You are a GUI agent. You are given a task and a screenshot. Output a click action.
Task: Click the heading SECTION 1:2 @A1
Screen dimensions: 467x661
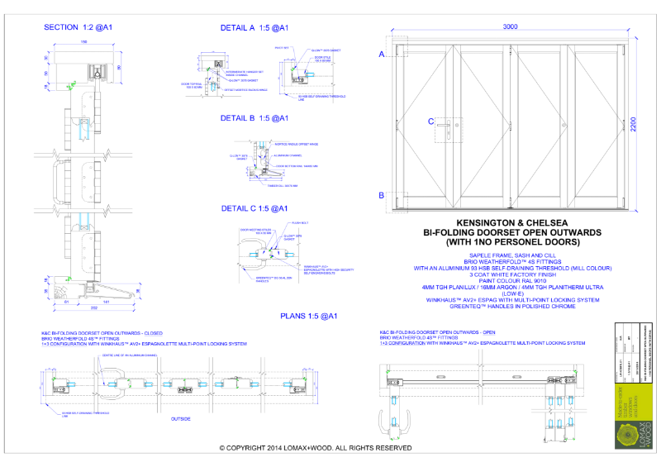pos(78,27)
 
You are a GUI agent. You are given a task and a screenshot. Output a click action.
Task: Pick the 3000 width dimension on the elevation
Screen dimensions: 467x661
pos(511,27)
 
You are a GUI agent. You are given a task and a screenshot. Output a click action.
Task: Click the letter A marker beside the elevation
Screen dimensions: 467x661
pos(382,55)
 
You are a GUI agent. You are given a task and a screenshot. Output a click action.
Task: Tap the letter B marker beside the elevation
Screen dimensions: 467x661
pos(382,195)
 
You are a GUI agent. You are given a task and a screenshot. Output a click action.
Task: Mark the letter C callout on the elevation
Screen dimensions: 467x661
pos(431,122)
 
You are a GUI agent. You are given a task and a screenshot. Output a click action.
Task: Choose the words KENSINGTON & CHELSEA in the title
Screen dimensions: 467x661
pos(509,223)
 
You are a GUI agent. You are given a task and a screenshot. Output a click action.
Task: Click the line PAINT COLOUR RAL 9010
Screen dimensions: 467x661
pos(509,279)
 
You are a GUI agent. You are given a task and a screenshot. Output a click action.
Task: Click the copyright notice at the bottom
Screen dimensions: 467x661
pos(316,447)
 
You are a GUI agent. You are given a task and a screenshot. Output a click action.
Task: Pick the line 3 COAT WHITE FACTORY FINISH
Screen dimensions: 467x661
pos(509,274)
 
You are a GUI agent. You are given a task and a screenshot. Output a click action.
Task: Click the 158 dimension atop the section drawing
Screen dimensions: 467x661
pos(83,41)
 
